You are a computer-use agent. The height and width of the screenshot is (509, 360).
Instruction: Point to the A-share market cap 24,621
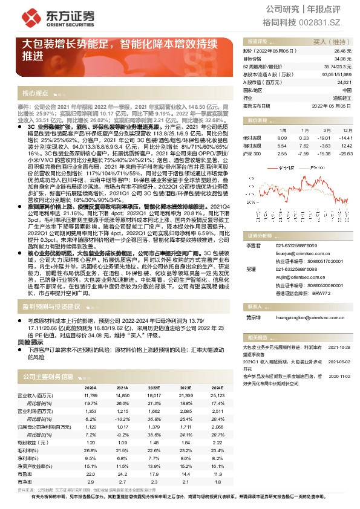pyautogui.click(x=344, y=82)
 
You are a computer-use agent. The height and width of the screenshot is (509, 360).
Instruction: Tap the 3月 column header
pyautogui.click(x=326, y=130)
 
